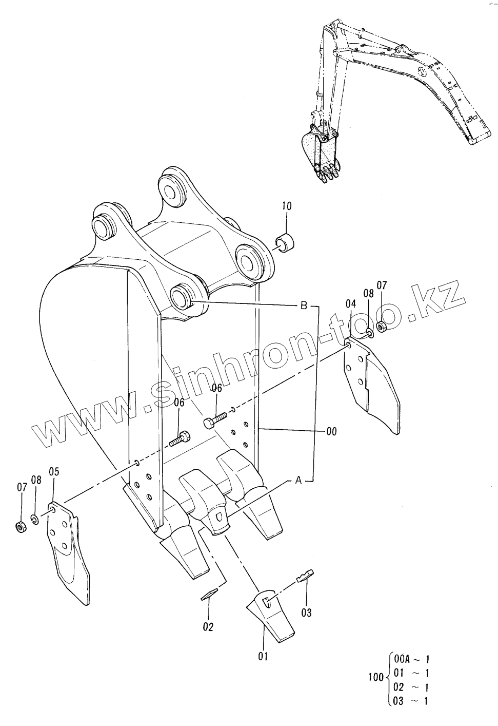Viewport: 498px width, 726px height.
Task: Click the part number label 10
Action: point(286,206)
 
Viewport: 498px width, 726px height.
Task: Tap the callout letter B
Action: point(303,307)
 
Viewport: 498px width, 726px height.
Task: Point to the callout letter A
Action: point(298,481)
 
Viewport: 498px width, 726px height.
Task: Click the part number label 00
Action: point(331,432)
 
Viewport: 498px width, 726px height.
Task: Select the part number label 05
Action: point(54,471)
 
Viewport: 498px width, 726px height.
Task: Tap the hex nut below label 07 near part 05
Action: point(21,527)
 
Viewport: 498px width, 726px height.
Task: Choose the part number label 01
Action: point(263,656)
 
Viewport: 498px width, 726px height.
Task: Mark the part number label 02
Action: point(208,626)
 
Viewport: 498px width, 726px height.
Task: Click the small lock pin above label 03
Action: point(305,576)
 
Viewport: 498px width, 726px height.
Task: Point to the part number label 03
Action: point(306,612)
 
